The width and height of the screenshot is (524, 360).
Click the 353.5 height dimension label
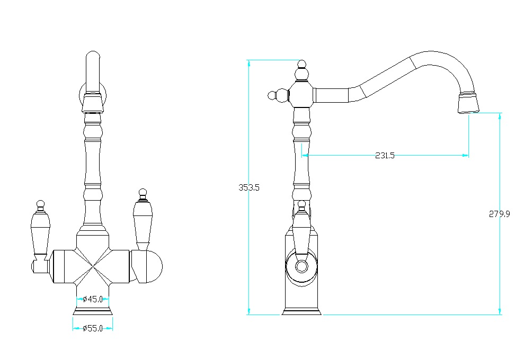(249, 187)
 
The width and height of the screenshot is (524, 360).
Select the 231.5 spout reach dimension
(385, 155)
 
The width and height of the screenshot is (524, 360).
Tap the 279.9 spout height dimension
(499, 214)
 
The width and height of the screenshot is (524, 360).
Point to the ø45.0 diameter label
(93, 299)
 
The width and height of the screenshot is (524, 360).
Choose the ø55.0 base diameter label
(93, 328)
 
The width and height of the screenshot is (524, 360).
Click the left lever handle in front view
(40, 230)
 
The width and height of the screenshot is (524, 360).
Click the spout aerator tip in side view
(468, 102)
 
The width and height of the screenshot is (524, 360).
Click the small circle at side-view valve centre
(301, 266)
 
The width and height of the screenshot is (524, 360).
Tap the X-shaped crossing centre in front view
(93, 266)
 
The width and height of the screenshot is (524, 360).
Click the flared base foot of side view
(301, 312)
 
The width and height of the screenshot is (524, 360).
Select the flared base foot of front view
(93, 311)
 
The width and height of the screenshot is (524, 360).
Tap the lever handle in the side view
(301, 230)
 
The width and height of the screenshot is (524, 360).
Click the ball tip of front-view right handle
(143, 192)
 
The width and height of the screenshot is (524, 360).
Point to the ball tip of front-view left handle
(40, 204)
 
